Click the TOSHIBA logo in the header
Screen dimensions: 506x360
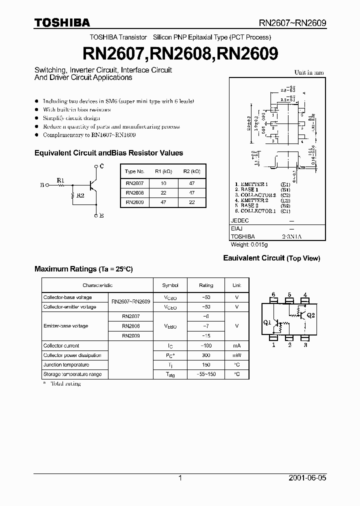pos(62,22)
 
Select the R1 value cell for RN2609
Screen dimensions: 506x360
pos(162,202)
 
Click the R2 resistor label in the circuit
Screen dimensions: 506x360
pos(80,196)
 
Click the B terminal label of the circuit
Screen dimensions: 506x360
pos(42,184)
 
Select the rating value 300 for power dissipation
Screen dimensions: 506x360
pos(206,355)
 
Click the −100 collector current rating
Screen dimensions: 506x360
pos(206,346)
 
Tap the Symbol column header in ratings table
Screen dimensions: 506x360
pos(170,285)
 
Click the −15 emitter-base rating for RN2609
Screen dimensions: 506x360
pos(206,336)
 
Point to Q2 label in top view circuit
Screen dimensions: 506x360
pos(311,315)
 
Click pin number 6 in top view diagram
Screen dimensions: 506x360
pos(273,294)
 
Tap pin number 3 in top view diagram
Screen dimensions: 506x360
pos(305,345)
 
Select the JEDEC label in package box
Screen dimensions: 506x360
pos(239,220)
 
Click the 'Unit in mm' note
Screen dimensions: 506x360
pos(308,72)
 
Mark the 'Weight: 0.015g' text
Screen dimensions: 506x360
pos(249,244)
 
